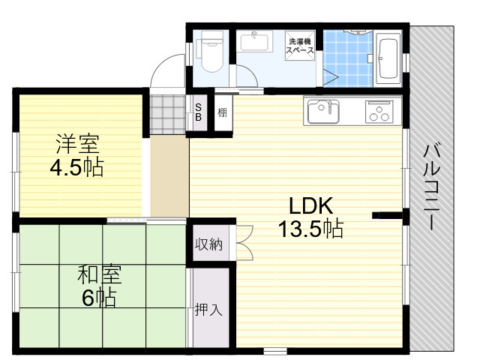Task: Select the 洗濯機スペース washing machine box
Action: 300,46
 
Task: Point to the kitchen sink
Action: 323,112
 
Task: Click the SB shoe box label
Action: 198,112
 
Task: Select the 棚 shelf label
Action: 222,112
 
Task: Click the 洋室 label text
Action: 77,144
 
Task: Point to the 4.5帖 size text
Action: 76,167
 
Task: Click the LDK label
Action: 311,205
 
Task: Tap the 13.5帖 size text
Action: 310,228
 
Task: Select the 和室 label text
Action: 100,274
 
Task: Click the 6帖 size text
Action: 99,298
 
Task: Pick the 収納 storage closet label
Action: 209,244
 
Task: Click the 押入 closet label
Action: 208,310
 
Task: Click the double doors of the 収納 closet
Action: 244,243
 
